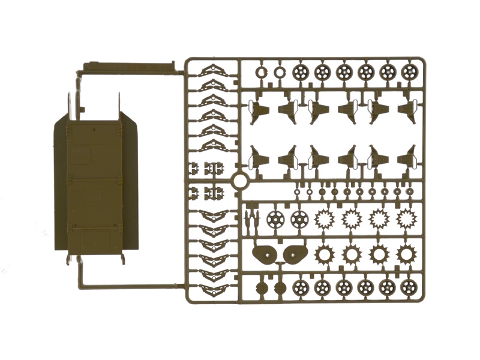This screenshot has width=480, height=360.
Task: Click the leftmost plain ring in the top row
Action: [261, 73]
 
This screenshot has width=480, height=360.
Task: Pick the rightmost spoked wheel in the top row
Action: [409, 73]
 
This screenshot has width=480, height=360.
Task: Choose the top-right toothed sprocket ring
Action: [406, 219]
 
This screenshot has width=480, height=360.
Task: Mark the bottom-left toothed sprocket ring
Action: [324, 254]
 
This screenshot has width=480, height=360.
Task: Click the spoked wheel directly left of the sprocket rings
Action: [298, 219]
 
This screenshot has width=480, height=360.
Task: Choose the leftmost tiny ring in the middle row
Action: [297, 192]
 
